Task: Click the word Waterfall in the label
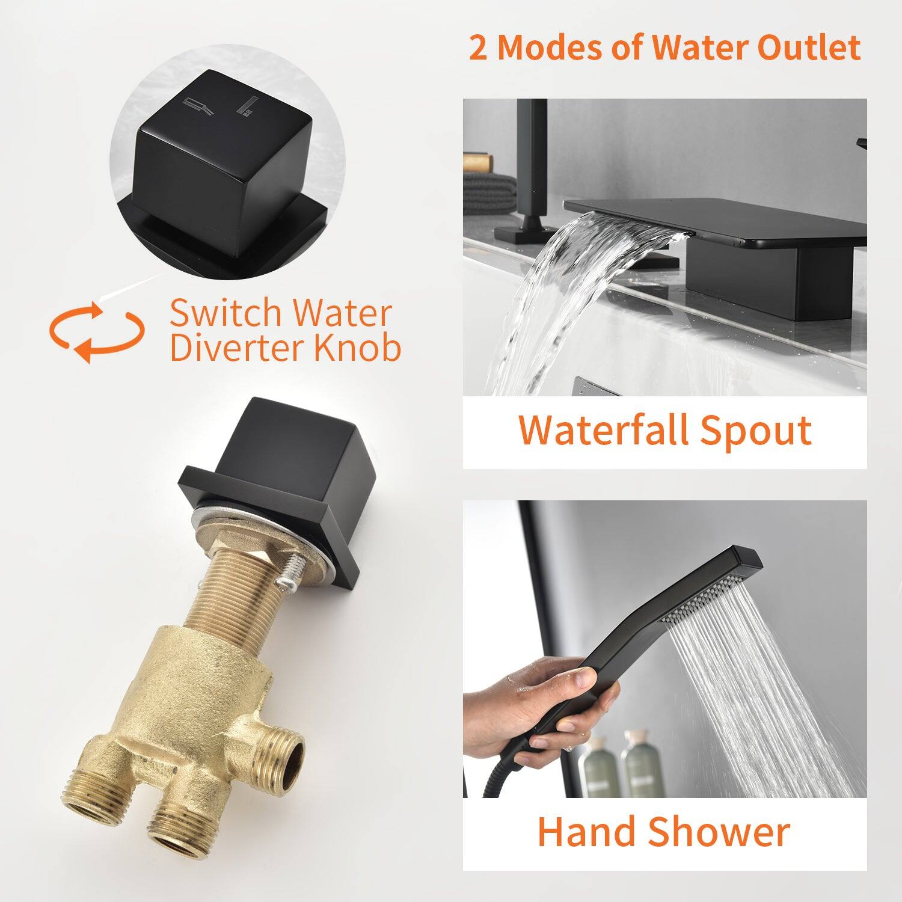(x=602, y=430)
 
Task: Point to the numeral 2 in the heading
(x=478, y=48)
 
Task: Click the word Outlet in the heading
(x=808, y=48)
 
